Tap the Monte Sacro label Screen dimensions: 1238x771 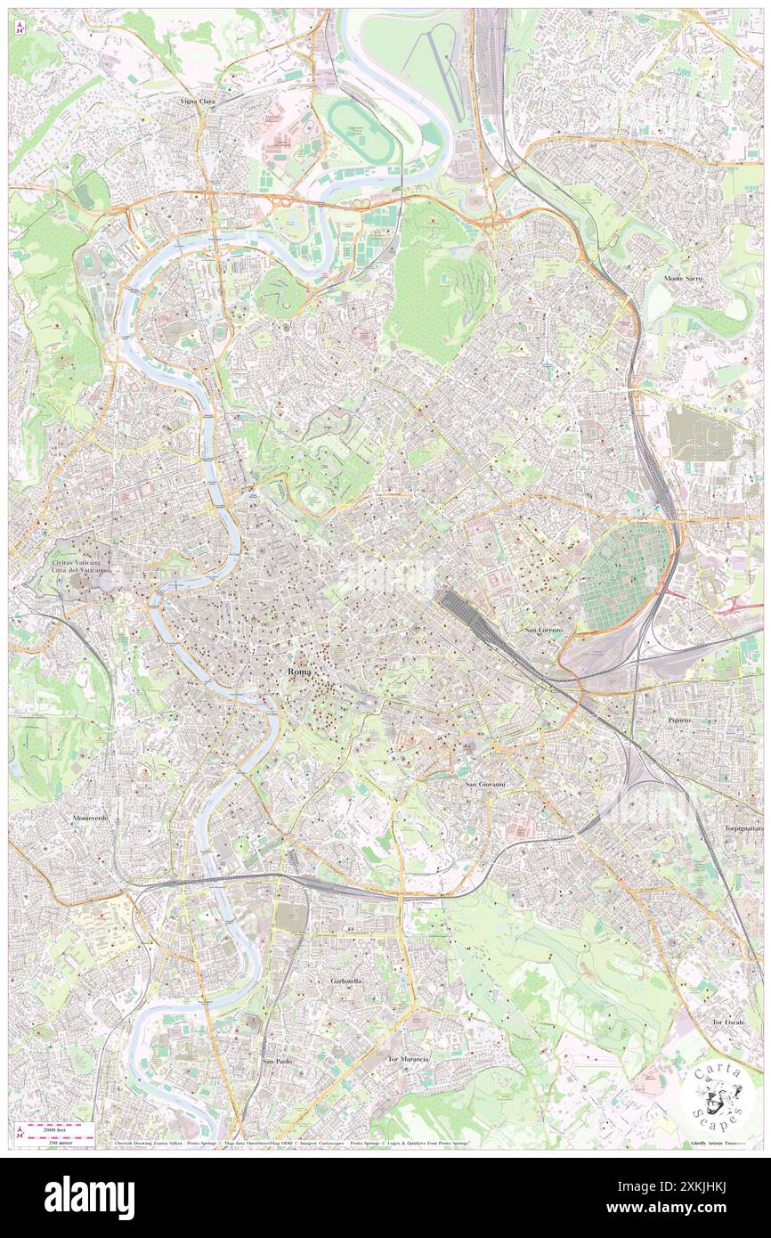pyautogui.click(x=685, y=279)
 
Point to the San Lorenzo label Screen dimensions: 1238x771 pyautogui.click(x=543, y=631)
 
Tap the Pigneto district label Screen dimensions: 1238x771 pyautogui.click(x=679, y=719)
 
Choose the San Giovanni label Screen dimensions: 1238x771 pyautogui.click(x=485, y=784)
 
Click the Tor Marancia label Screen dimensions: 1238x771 pyautogui.click(x=408, y=1059)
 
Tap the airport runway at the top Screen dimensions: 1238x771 pyautogui.click(x=446, y=71)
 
